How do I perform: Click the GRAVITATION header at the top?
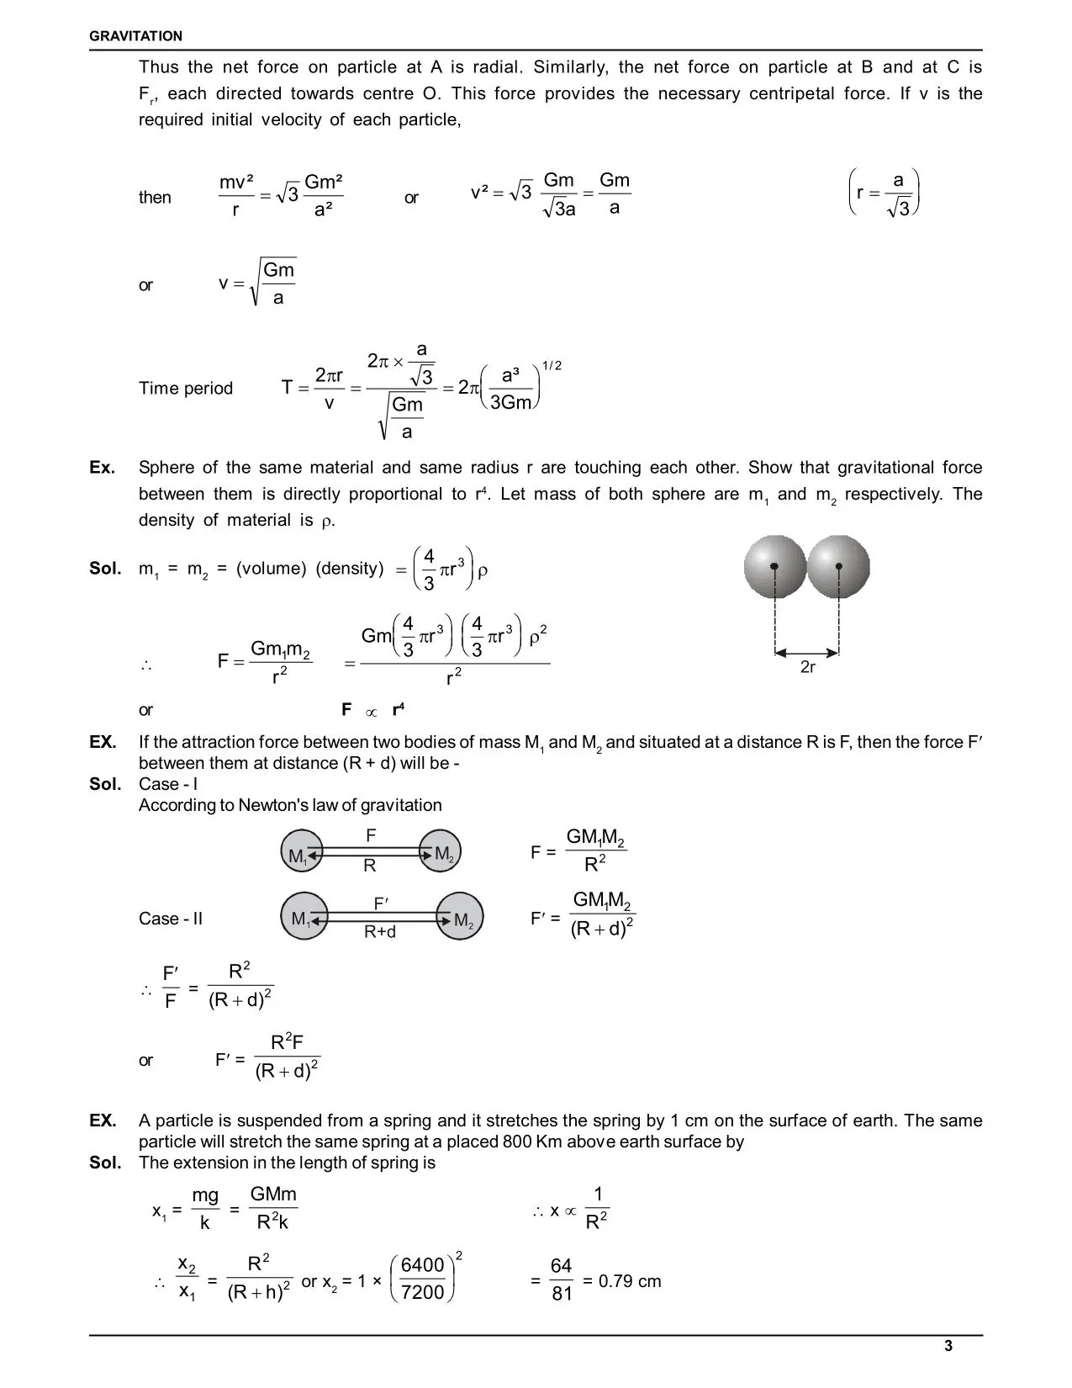coord(135,36)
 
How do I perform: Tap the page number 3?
coord(948,1346)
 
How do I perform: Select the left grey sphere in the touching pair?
coord(774,567)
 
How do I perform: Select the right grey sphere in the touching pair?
coord(838,567)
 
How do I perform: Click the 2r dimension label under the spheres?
coord(807,667)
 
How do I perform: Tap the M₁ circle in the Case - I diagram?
coord(302,853)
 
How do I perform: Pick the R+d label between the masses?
coord(380,932)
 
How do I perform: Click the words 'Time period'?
coord(186,389)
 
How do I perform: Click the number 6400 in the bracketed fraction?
coord(422,1266)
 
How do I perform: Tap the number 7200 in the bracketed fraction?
coord(422,1293)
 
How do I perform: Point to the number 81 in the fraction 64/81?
coord(562,1294)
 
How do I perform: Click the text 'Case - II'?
coord(171,919)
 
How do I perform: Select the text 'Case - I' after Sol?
coord(168,784)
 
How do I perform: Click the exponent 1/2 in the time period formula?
coord(552,365)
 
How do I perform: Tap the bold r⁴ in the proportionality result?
coord(399,710)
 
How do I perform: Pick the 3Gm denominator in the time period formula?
coord(511,403)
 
